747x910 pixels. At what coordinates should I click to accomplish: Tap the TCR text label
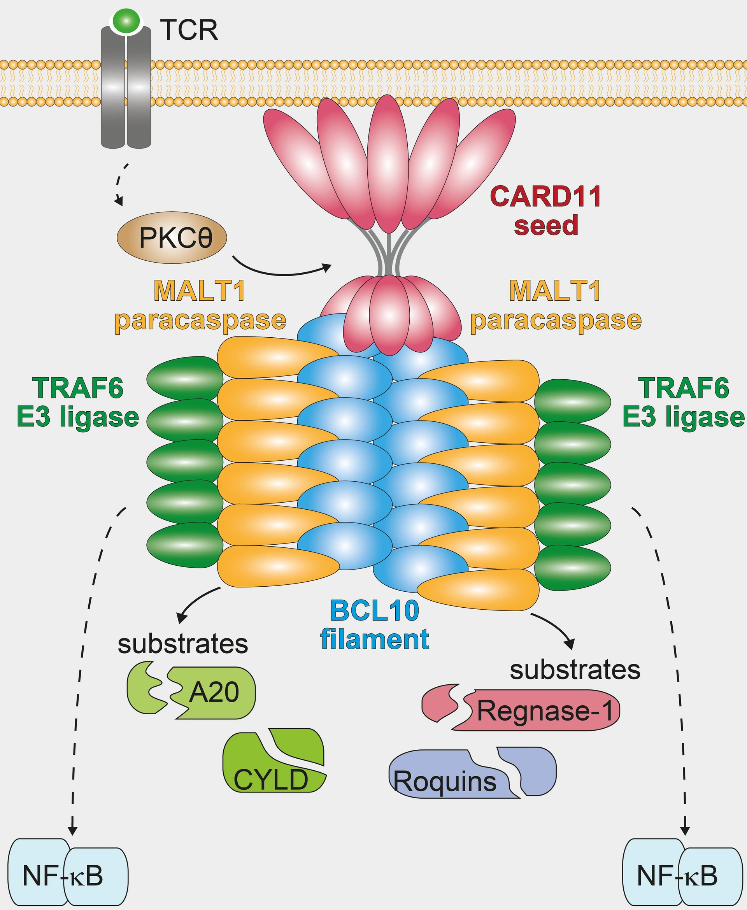[x=189, y=30]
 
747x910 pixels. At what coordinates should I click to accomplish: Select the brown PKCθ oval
[x=172, y=237]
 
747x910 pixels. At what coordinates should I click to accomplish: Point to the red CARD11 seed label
[x=545, y=211]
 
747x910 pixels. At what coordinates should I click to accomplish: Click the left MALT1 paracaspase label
[x=200, y=306]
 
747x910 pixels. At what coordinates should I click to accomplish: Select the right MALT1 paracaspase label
[x=556, y=306]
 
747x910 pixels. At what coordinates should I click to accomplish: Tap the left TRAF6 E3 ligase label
[x=78, y=402]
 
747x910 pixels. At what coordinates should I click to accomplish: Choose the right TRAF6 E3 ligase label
[x=683, y=402]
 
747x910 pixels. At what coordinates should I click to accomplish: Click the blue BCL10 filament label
[x=374, y=625]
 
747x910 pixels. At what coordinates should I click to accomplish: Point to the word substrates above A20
[x=183, y=644]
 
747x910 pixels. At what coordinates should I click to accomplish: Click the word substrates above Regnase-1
[x=575, y=670]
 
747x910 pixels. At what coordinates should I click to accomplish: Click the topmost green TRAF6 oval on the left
[x=185, y=378]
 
